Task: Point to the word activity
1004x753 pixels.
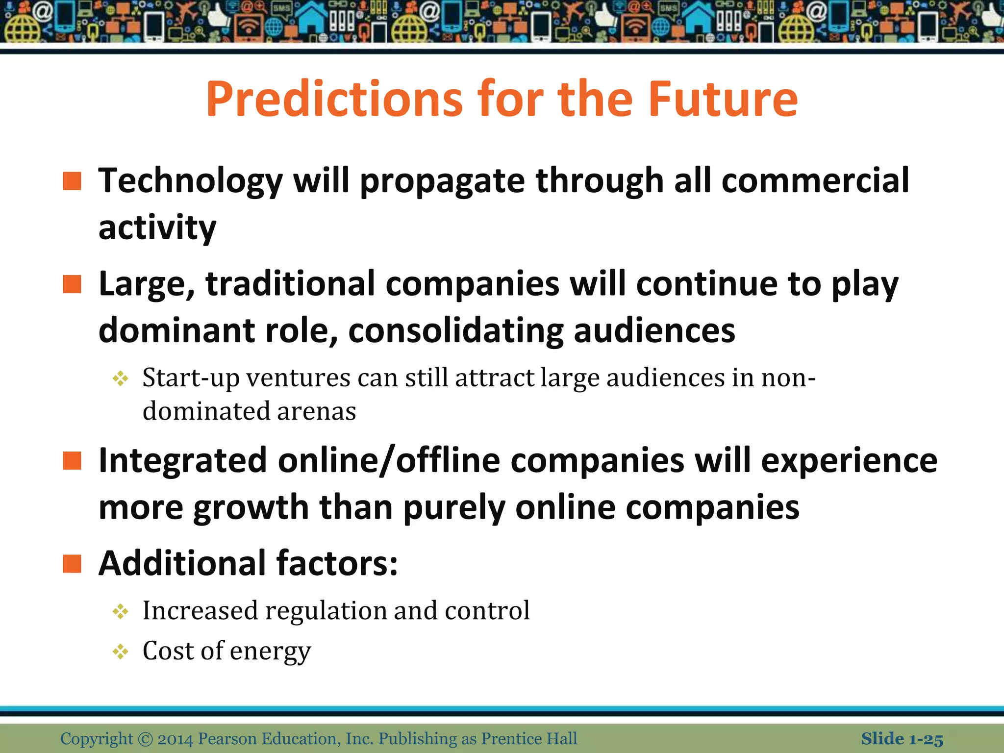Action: coord(157,229)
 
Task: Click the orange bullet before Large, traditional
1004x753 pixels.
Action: coord(72,284)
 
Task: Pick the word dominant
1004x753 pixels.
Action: coord(176,330)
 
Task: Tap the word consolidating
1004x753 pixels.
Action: coord(456,331)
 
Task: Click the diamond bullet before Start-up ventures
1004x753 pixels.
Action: coord(120,378)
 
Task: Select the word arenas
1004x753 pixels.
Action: coord(316,411)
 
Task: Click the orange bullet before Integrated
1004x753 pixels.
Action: coord(72,461)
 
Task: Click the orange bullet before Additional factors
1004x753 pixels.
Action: coord(72,564)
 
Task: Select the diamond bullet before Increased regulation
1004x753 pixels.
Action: coord(120,611)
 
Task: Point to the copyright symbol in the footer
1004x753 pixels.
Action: coord(146,739)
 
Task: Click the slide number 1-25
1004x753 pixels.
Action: coord(926,739)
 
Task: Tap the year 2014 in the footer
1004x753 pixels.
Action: coord(175,739)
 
